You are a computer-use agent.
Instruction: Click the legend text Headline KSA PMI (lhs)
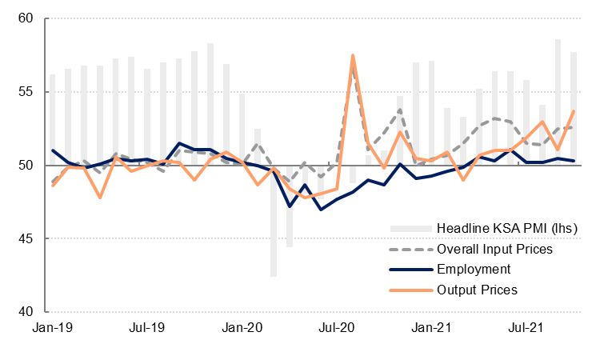[495, 229]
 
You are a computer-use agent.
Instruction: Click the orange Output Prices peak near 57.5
[353, 56]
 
